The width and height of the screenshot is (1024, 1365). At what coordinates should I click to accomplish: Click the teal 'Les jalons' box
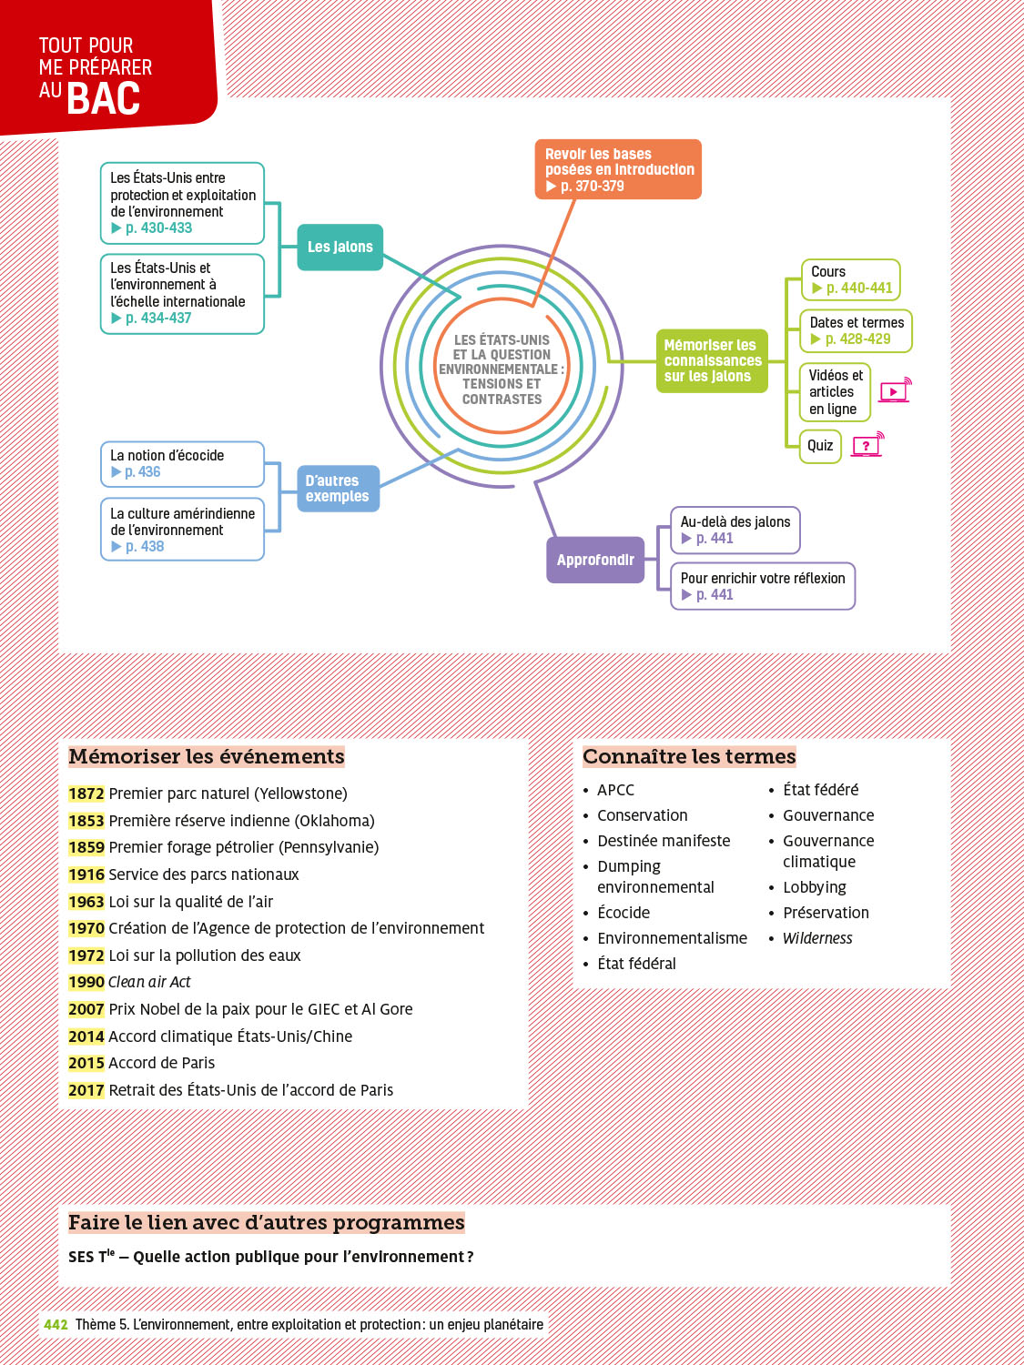point(340,247)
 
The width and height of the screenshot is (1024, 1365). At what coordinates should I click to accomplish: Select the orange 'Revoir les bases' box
point(618,169)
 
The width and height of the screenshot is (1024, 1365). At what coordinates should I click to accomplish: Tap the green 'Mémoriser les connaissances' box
point(712,360)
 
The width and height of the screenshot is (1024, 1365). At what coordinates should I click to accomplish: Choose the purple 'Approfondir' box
point(595,560)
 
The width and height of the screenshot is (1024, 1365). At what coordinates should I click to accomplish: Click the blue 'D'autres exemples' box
point(337,489)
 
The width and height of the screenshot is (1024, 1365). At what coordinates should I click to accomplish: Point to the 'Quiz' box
point(820,446)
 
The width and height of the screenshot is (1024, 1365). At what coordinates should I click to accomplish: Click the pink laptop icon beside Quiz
point(867,445)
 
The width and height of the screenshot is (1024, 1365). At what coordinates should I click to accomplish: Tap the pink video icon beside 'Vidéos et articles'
point(895,391)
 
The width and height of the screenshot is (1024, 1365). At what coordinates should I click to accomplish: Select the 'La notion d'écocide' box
point(182,463)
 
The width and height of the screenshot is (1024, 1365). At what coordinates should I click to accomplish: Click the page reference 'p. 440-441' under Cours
point(858,288)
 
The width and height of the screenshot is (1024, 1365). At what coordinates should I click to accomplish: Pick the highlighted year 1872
point(86,794)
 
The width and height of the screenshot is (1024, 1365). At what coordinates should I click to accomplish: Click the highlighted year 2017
point(86,1090)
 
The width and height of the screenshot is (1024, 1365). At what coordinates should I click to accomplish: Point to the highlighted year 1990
point(86,982)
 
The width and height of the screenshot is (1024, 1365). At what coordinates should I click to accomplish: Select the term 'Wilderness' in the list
point(817,938)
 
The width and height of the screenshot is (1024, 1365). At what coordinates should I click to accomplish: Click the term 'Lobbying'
point(815,887)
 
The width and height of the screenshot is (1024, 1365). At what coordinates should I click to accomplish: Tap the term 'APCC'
point(616,790)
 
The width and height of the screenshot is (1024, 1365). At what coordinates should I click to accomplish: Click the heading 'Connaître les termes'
point(689,756)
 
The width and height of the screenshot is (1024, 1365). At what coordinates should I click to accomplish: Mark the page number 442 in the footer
point(56,1325)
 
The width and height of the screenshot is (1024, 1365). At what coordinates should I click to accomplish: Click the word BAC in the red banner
point(104,98)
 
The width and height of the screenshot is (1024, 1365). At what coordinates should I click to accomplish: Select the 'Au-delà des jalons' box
point(735,530)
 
